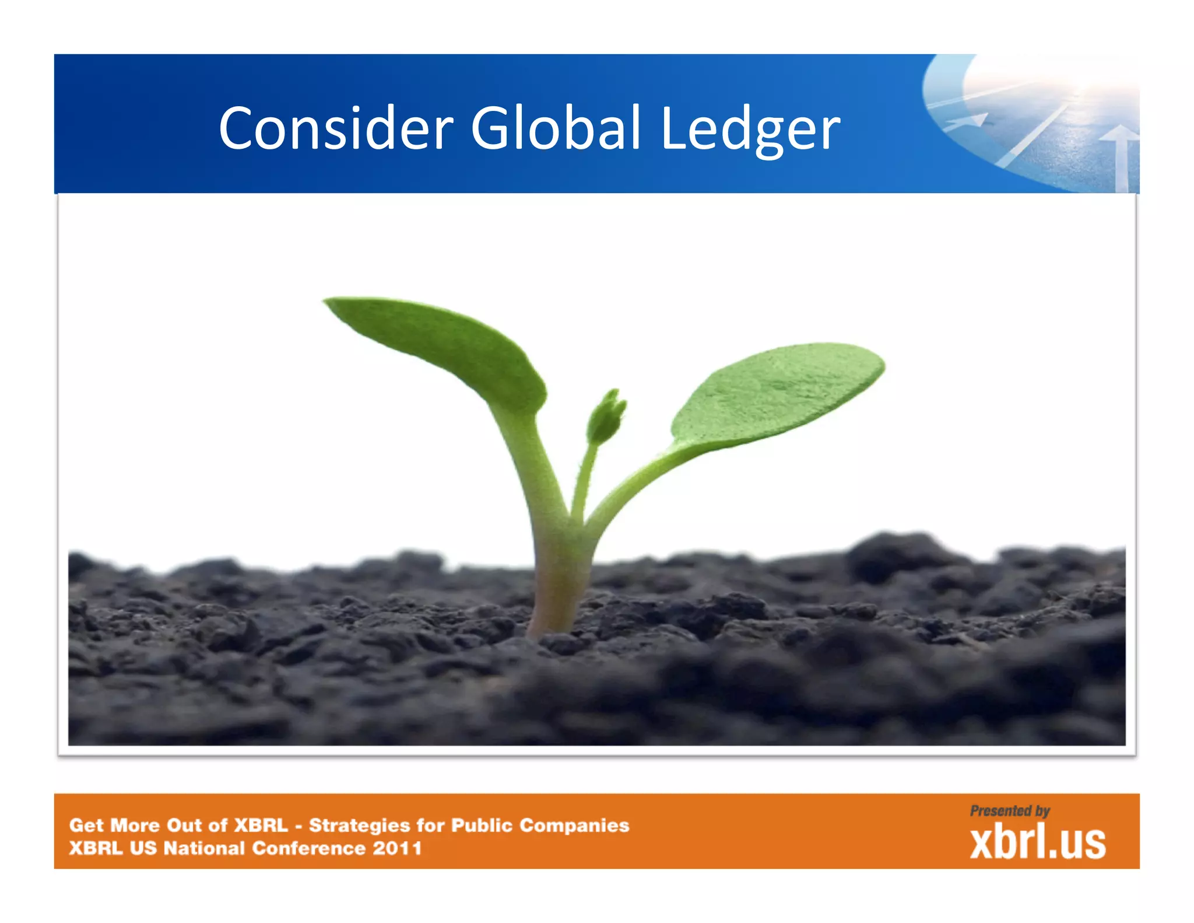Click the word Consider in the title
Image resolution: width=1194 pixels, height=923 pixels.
[x=336, y=128]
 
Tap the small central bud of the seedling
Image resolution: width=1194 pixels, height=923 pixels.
[x=606, y=417]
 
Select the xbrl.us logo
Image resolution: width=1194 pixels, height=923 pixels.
[x=1038, y=842]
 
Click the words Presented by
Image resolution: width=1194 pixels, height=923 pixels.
[x=1010, y=811]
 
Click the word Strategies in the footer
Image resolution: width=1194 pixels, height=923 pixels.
[x=359, y=826]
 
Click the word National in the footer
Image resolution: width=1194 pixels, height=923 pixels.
[x=204, y=848]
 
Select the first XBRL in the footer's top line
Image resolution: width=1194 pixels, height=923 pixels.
[x=261, y=826]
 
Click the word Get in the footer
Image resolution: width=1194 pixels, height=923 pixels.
[x=86, y=826]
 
